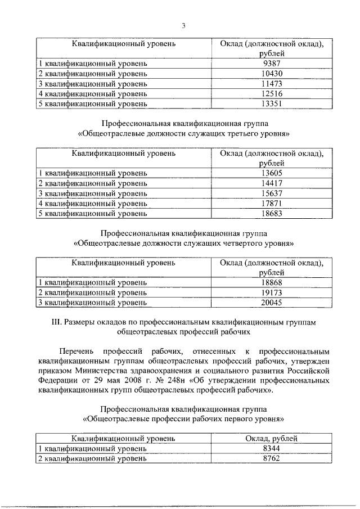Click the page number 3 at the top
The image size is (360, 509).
tap(183, 25)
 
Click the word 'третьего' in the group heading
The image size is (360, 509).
tap(231, 135)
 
